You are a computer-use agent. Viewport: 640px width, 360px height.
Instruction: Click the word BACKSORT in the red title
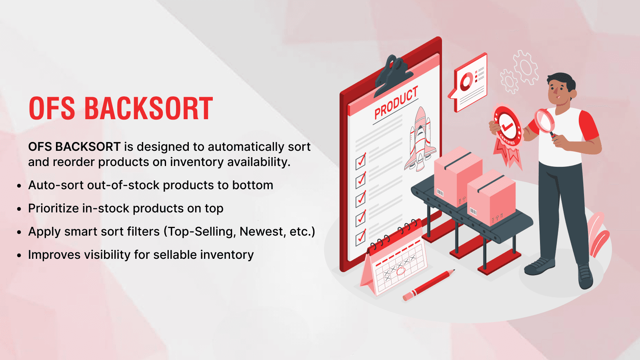point(148,109)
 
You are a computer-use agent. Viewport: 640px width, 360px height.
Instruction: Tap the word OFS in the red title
point(52,109)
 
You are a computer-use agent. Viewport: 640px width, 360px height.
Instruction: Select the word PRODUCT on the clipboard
point(396,103)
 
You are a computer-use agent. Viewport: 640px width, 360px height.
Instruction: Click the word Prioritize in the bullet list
point(53,208)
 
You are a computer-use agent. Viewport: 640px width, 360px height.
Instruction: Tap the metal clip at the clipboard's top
point(392,74)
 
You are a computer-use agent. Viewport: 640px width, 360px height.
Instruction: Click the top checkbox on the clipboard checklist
point(361,161)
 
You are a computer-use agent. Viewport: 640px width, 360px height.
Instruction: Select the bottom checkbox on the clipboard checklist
point(361,237)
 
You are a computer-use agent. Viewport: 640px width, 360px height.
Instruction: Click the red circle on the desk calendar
point(400,271)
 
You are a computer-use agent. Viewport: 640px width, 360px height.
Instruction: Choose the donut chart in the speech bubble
point(466,82)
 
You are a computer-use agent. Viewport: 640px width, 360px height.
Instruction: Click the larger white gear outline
point(526,67)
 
